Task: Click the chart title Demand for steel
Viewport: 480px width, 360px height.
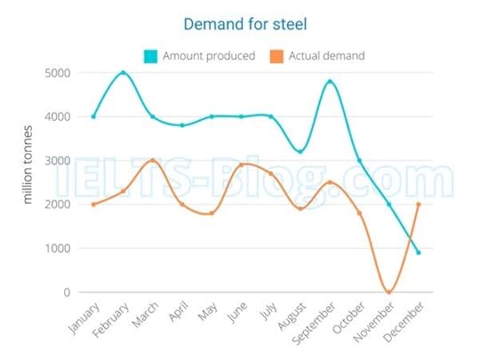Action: tap(241, 22)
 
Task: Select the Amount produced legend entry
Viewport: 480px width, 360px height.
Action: tap(201, 56)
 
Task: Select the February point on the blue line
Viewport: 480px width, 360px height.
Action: tap(123, 73)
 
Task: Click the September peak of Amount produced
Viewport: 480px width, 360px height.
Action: tap(330, 82)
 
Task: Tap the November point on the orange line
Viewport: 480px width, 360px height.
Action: tap(388, 292)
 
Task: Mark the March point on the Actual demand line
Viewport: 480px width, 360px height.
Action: tap(152, 161)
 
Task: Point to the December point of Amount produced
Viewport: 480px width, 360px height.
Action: tap(419, 252)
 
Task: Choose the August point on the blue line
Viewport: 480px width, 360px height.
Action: tap(300, 152)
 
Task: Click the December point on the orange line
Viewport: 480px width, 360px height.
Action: tap(419, 204)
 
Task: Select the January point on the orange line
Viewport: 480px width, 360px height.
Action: tap(93, 204)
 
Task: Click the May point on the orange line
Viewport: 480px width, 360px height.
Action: tap(212, 213)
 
